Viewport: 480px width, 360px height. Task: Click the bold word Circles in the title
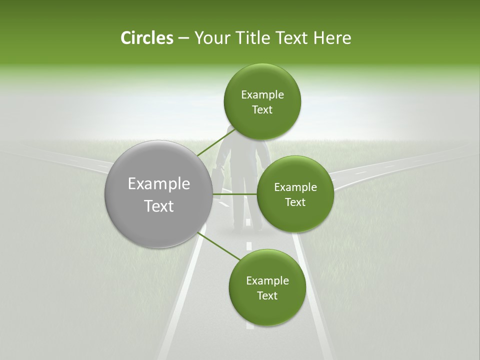click(x=146, y=38)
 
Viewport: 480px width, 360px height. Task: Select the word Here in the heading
click(x=332, y=38)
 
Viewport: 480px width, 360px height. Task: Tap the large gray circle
click(x=158, y=194)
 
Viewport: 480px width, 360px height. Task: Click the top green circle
click(x=262, y=101)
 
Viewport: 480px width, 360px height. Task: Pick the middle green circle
click(x=295, y=194)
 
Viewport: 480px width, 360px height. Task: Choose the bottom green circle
click(x=267, y=287)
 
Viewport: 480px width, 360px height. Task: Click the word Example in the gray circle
click(x=158, y=183)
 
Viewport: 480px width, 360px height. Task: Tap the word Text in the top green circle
click(x=262, y=110)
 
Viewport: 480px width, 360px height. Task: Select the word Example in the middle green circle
click(x=295, y=187)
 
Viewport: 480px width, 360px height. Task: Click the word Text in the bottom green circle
click(x=267, y=295)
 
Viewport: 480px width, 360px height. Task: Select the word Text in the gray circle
click(x=158, y=205)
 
